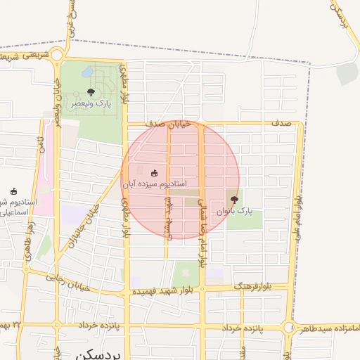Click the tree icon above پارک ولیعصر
pos(90,92)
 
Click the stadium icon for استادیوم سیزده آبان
pos(154,173)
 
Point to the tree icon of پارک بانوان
pos(234,200)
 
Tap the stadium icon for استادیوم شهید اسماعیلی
pos(14,191)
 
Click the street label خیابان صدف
pos(168,123)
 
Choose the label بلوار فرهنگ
pos(269,287)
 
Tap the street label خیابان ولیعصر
pos(57,101)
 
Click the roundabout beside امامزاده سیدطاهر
pos(288,328)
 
